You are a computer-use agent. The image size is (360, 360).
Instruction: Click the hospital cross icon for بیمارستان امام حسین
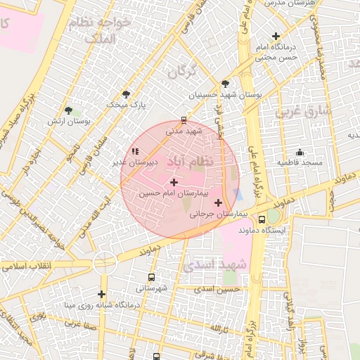tap(174, 182)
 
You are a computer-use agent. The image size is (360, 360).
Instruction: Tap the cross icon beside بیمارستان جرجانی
tap(218, 202)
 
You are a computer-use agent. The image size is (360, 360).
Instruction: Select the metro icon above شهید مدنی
tap(184, 120)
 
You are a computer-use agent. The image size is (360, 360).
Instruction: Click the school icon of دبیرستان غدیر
tap(135, 151)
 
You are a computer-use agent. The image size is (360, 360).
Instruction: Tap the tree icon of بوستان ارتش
tap(68, 110)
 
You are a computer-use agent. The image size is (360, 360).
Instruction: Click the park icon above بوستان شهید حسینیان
tap(224, 83)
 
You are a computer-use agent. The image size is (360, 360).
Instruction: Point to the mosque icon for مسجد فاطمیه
tap(300, 153)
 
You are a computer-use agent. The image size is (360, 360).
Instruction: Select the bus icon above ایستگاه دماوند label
tap(262, 219)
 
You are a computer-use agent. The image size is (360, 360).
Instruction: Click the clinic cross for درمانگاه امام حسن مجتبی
tap(276, 36)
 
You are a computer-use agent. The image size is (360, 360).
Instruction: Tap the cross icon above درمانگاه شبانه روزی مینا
tap(102, 294)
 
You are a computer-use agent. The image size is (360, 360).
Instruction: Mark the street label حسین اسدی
tap(218, 289)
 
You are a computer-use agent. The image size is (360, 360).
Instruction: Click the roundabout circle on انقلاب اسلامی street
tap(104, 262)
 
